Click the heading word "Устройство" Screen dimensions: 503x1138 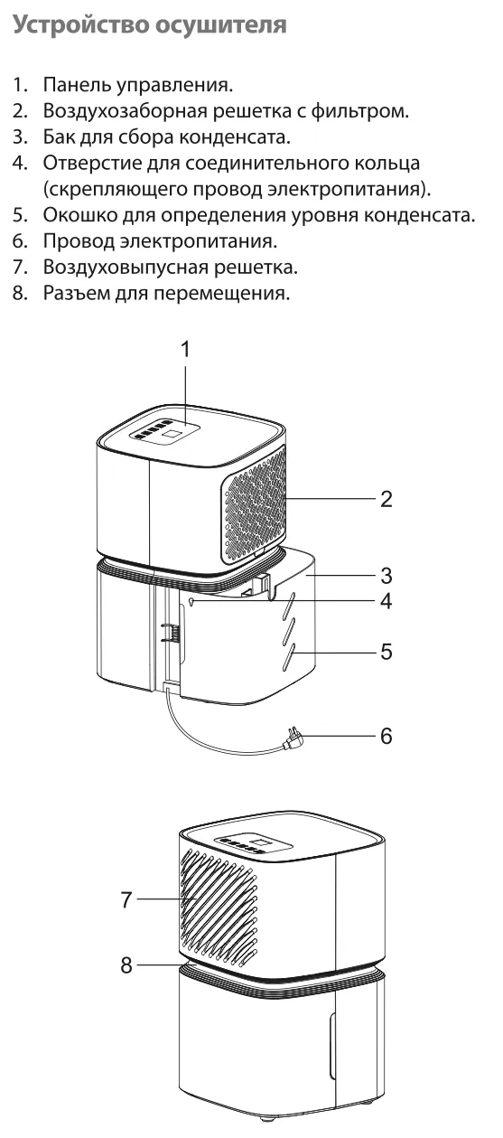coord(80,24)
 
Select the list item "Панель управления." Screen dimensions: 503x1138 coord(137,85)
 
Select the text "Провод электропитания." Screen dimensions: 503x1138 coord(160,240)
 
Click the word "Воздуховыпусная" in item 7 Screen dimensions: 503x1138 coord(125,268)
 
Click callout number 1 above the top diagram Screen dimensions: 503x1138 coord(185,350)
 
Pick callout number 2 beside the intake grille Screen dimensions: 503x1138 coord(387,499)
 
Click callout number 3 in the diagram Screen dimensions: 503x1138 coord(387,576)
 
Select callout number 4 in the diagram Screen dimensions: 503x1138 coord(387,601)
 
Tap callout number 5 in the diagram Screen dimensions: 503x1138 coord(387,652)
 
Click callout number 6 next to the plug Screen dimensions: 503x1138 coord(387,735)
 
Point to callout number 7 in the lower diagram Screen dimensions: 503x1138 coord(126,899)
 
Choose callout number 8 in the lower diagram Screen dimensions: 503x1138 coord(126,964)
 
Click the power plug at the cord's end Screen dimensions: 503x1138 coord(293,739)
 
